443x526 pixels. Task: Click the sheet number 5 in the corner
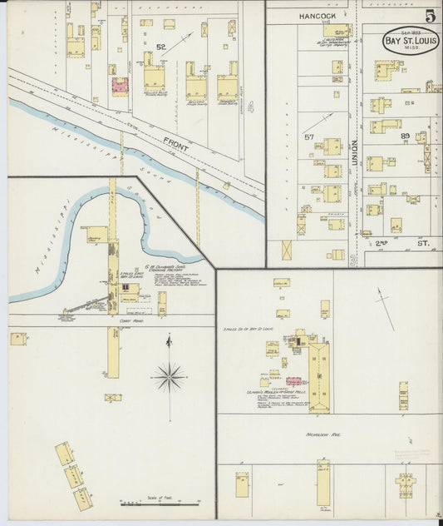pos(430,16)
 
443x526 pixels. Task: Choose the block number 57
pos(309,136)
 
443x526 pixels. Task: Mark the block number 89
pos(405,136)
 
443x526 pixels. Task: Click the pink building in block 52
pos(120,86)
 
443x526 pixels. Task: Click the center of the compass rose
pos(169,377)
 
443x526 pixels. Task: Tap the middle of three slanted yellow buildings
pos(74,476)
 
